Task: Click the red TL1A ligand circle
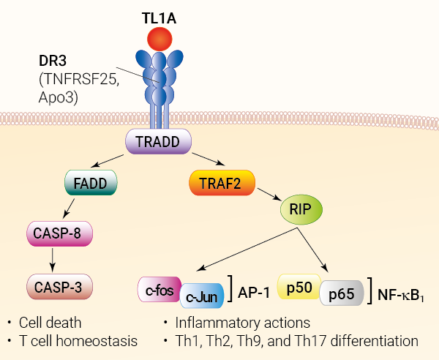coord(160,39)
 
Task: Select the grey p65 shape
coord(341,295)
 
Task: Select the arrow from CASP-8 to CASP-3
coord(52,260)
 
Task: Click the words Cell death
coord(50,322)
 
